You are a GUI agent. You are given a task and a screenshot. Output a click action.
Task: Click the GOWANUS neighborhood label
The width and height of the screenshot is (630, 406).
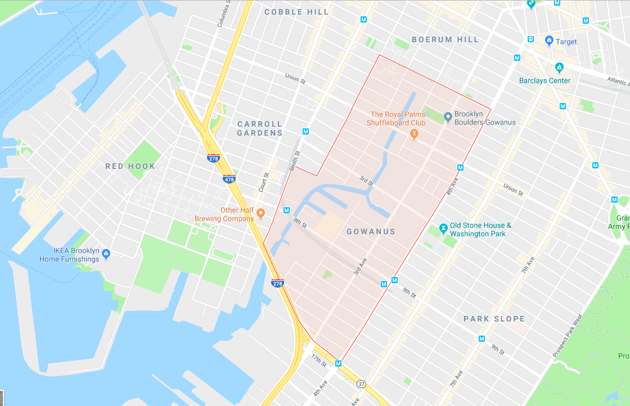point(371,231)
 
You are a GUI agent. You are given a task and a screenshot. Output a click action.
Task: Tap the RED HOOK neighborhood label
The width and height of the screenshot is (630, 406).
point(130,166)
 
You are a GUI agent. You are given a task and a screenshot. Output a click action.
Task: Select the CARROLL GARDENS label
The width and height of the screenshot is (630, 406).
point(260,128)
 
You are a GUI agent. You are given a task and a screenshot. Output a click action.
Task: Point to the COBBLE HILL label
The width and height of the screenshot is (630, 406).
point(296,12)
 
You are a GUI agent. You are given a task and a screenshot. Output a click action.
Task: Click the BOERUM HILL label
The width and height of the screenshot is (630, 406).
point(445,39)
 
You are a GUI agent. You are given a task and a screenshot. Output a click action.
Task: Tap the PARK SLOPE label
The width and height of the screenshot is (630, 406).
point(494,319)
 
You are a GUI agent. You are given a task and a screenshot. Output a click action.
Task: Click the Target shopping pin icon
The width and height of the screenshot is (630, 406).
point(549,41)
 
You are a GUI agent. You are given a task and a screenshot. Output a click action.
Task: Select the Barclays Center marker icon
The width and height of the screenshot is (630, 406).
point(559,68)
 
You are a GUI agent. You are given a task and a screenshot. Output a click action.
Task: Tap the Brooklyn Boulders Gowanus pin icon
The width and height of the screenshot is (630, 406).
point(448,117)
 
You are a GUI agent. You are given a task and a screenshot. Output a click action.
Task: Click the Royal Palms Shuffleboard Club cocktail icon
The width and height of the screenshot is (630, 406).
point(415,133)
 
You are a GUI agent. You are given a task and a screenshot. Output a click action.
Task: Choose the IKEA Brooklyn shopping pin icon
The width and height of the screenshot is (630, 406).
point(106,254)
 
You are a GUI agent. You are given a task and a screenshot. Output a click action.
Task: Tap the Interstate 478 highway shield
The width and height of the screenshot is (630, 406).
point(229,180)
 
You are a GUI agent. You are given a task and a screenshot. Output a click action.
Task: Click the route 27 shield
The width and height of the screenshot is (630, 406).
point(361,383)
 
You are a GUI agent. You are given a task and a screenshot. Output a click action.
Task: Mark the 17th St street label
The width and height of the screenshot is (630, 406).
point(319,361)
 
